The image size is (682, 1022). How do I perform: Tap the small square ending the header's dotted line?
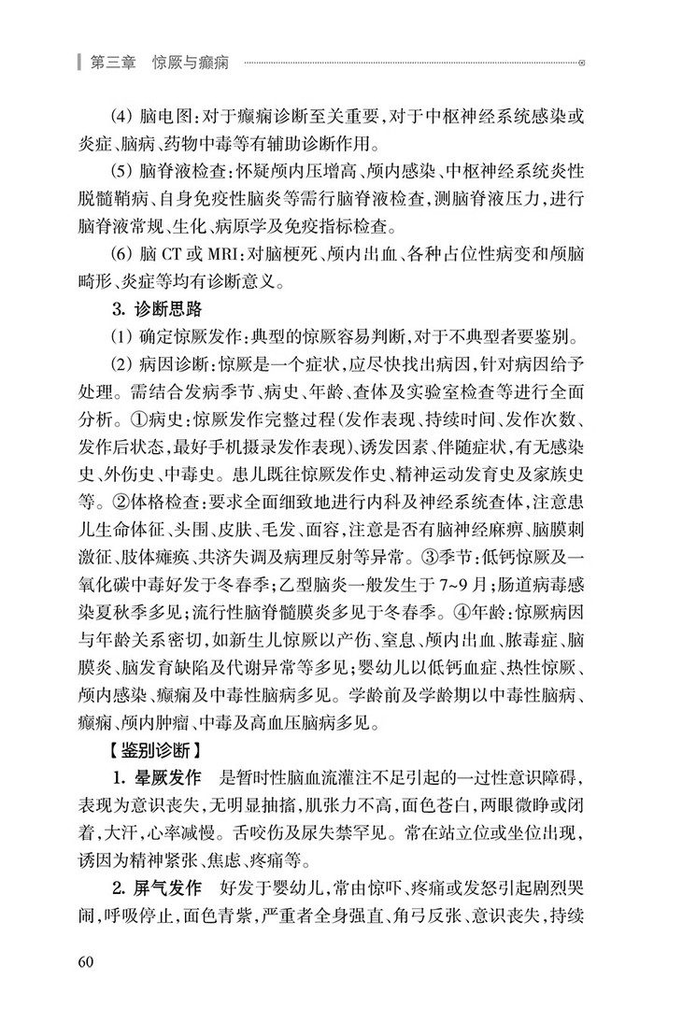click(x=583, y=64)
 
